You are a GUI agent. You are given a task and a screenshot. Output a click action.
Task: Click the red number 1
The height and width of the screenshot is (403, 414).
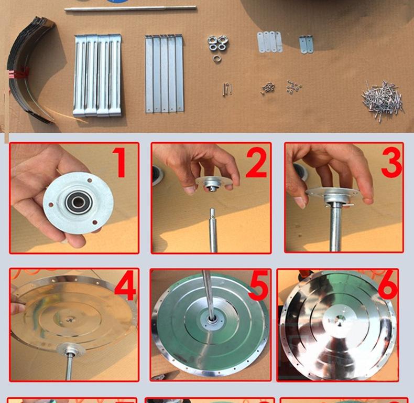pos(119,162)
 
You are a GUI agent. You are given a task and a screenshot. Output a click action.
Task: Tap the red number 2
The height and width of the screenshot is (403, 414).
pos(256,162)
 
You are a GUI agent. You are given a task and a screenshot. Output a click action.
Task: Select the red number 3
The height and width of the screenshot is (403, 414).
pos(391,162)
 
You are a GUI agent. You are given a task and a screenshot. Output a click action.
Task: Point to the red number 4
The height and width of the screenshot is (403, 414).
pos(125,287)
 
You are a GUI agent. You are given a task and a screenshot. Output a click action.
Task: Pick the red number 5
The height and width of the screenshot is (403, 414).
pos(259,287)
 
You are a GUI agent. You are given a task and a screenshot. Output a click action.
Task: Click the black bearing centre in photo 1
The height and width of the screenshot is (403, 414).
pos(79,203)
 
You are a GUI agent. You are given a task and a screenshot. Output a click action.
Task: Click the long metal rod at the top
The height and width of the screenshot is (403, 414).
pos(130,9)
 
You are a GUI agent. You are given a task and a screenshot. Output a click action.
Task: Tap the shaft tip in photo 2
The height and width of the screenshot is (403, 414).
pos(213,211)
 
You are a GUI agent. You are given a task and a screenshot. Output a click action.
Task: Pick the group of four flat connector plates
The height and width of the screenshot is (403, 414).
pos(269,42)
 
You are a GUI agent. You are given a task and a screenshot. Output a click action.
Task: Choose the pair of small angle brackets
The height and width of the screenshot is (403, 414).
pos(306,45)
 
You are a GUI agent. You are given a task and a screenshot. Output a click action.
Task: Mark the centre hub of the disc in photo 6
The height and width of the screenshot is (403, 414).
pos(339,321)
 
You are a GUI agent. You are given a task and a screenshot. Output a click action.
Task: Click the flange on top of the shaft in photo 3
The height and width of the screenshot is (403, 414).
pos(333,195)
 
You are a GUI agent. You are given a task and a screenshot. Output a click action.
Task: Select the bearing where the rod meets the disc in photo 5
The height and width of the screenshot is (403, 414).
pos(212,319)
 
